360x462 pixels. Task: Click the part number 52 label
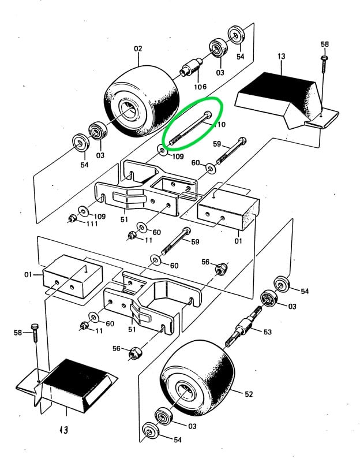(249, 394)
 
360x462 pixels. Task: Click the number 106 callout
(200, 87)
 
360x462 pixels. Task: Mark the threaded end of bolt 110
(173, 140)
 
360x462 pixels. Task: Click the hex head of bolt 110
(208, 113)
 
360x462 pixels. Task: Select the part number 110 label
(219, 125)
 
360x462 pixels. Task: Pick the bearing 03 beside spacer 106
(219, 49)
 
